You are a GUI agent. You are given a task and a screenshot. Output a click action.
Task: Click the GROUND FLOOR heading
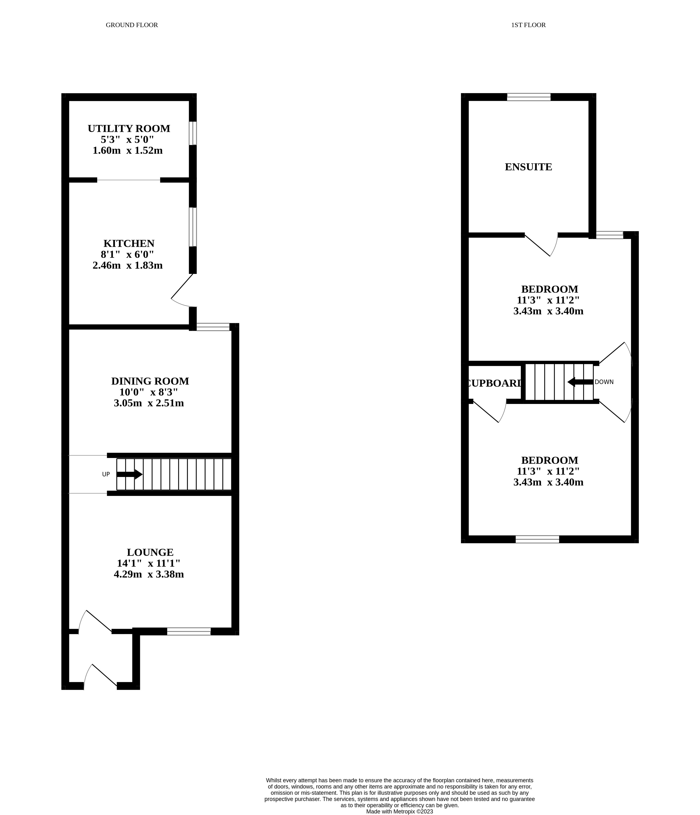coord(132,25)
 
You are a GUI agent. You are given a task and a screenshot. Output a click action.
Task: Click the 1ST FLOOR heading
coord(528,25)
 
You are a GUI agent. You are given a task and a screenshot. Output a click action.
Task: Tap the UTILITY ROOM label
coord(129,129)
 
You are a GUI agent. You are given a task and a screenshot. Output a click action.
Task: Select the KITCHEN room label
coord(129,243)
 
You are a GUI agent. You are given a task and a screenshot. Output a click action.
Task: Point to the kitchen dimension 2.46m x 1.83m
coord(127,266)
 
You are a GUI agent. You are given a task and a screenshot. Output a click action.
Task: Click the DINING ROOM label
coord(150,381)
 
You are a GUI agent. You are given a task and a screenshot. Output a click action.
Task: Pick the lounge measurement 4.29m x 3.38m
coord(149,574)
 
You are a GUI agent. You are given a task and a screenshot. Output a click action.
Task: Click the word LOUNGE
coord(150,552)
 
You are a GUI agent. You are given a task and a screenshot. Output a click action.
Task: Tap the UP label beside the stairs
coord(106,474)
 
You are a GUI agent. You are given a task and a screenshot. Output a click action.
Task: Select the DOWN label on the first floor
coord(604,382)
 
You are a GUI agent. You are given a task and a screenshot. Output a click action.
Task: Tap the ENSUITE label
coord(528,167)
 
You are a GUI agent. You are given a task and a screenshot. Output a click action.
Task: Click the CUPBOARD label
coord(494,383)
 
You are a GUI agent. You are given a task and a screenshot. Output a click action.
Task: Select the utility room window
coord(193,133)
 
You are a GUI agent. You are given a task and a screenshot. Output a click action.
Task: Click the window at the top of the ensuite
coord(528,97)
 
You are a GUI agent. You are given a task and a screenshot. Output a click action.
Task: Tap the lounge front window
coord(189,632)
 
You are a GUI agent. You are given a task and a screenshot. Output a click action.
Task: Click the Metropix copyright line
coord(399,811)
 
